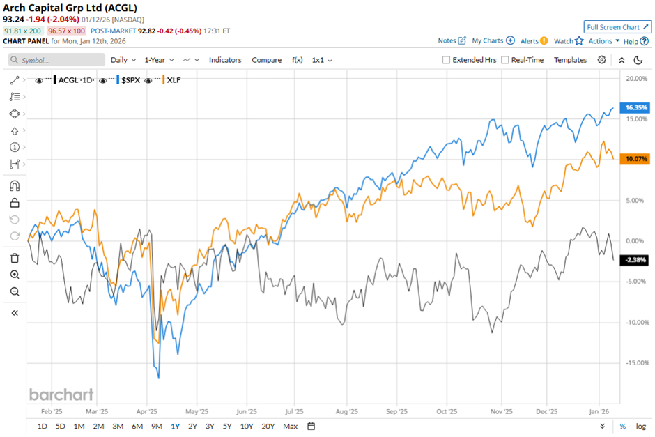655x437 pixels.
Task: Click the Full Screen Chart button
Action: pos(617,27)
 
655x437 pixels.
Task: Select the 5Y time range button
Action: pos(227,426)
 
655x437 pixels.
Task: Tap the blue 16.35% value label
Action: pos(637,108)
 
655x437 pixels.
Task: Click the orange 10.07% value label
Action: pos(637,159)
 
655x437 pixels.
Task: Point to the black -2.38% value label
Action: pos(637,260)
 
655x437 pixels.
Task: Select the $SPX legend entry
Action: pos(131,80)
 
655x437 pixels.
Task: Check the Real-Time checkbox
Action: pos(506,60)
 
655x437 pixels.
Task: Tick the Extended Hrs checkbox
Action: pos(447,60)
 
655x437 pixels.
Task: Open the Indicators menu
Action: pos(225,60)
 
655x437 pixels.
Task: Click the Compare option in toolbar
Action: pos(266,60)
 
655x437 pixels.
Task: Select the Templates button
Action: pos(570,60)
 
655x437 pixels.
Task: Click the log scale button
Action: pos(640,426)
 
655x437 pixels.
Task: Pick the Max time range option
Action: pos(291,426)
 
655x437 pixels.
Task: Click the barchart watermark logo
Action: pos(61,394)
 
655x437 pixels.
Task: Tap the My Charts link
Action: pos(493,41)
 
